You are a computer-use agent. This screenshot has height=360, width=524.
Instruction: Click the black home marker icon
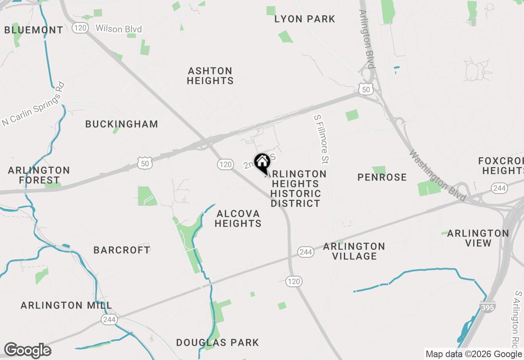262,163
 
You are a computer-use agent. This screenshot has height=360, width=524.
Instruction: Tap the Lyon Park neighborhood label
305,19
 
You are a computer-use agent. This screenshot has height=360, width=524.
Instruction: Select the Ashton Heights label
210,76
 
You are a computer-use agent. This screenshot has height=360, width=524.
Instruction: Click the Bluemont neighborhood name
34,30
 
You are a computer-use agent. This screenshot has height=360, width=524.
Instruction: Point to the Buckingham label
122,124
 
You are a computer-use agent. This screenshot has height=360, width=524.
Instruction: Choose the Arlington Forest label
39,175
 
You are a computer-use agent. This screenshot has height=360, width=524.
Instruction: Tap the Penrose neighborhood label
382,177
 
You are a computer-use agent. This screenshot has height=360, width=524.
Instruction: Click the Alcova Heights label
238,218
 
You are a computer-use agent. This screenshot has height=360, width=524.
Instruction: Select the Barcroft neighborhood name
122,250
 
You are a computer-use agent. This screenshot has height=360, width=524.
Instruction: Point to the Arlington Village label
354,251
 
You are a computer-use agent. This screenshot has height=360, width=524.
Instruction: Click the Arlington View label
478,238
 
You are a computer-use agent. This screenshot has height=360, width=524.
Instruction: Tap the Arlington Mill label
66,306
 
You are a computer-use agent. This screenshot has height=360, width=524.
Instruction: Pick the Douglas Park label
217,343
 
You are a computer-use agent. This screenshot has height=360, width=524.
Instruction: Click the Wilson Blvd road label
118,29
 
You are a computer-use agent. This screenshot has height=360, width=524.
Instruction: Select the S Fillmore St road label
322,137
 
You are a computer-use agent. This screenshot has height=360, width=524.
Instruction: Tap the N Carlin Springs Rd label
34,105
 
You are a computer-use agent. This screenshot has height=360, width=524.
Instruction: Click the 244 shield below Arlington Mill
109,319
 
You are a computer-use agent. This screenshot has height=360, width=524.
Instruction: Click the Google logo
27,351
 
